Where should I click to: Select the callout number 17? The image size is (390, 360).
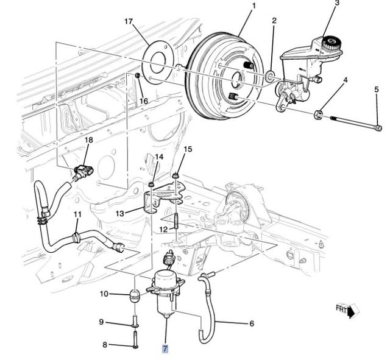point(128,22)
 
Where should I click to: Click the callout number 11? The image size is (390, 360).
point(77,214)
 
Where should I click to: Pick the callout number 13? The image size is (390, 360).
point(120,213)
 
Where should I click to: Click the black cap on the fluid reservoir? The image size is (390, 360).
point(332,43)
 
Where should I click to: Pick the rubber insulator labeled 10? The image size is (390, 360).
point(135,299)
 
